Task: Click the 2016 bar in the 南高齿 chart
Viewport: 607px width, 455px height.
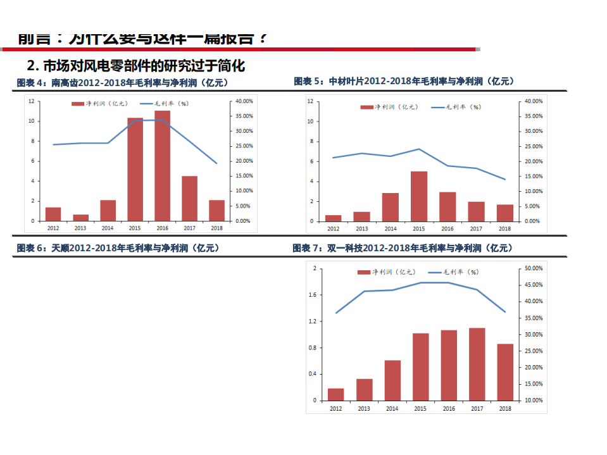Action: (x=162, y=166)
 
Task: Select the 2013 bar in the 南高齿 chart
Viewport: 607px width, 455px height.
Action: (x=80, y=218)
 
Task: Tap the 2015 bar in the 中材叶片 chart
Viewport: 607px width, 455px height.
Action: (x=419, y=196)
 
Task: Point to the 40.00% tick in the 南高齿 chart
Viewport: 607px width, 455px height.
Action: (x=244, y=101)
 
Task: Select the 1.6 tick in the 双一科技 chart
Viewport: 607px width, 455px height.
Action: (x=312, y=295)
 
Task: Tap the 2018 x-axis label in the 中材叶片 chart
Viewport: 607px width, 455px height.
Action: (x=504, y=228)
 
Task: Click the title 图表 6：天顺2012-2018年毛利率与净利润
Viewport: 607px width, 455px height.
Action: (x=118, y=248)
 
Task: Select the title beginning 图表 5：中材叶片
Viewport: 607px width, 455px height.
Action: (x=404, y=81)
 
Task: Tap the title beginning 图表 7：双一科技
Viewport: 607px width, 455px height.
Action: (x=403, y=248)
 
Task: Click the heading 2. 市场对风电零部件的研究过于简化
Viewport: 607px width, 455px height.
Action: (x=136, y=65)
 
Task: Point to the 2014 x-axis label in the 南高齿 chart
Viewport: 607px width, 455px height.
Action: (x=108, y=228)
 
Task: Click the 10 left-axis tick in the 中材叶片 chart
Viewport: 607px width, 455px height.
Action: (x=310, y=122)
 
